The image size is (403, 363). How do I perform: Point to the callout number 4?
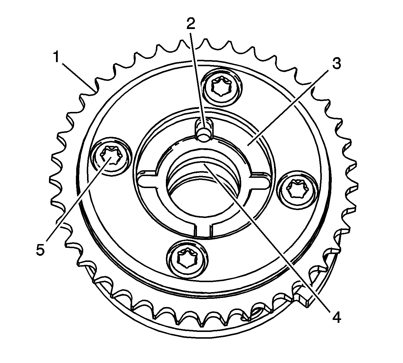[x=336, y=317]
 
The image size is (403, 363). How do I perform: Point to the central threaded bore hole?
[x=204, y=190]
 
